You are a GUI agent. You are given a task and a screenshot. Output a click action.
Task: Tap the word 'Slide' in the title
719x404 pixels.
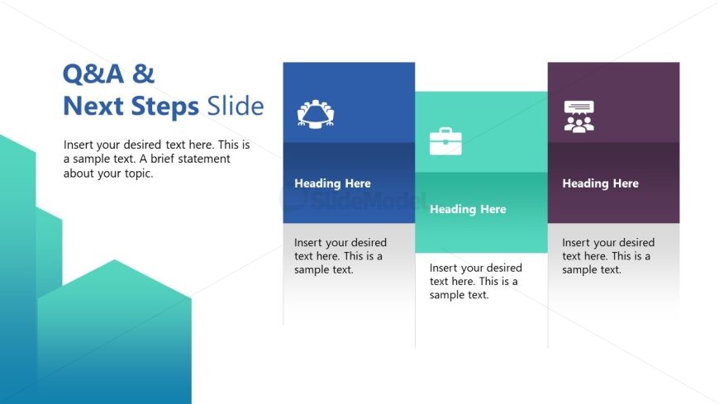[x=236, y=107]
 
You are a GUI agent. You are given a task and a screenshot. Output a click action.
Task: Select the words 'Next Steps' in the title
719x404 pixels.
[x=131, y=107]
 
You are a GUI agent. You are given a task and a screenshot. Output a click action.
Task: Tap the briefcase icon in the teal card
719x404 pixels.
[x=445, y=141]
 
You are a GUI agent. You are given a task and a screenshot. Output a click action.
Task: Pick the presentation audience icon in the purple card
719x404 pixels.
[x=579, y=116]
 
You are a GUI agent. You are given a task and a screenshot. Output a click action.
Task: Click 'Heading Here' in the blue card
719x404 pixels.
[x=332, y=183]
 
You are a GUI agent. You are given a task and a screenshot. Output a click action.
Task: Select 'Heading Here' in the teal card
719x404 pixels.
[x=468, y=209]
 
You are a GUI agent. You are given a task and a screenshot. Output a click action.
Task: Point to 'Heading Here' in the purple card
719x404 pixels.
[x=600, y=183]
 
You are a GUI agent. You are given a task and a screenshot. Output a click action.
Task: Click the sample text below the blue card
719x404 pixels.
[x=340, y=256]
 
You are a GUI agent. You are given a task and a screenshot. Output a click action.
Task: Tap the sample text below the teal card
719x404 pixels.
[x=475, y=282]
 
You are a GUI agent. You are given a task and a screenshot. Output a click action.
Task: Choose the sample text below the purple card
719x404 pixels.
[x=607, y=256]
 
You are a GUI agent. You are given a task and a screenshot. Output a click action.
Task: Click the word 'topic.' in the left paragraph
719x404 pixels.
[x=136, y=173]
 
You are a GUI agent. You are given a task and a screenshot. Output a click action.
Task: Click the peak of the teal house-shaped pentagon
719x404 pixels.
[x=114, y=261]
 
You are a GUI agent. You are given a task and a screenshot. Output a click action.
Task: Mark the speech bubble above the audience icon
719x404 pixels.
[x=579, y=107]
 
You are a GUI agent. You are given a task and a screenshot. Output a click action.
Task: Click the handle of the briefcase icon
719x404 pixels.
[x=445, y=131]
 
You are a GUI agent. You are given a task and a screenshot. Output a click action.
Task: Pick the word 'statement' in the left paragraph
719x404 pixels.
[x=207, y=159]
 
